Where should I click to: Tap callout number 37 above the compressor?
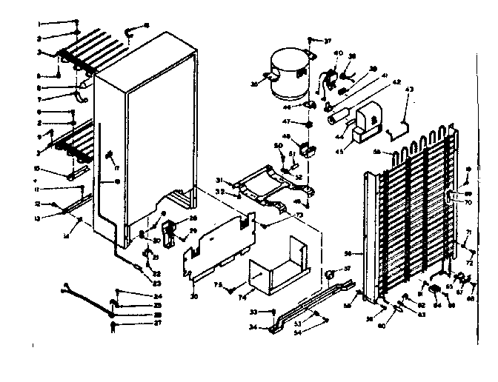tap(328, 40)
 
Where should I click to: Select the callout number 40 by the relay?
tap(339, 53)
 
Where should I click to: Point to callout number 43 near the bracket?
tap(409, 90)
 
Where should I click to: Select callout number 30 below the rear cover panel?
tap(193, 298)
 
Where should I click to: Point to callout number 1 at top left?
tap(39, 24)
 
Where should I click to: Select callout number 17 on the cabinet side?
tap(116, 157)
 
